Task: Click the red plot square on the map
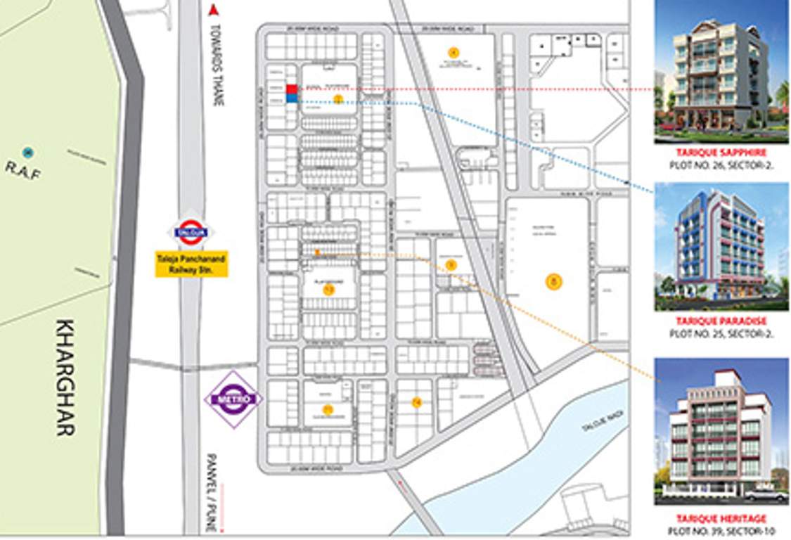[x=291, y=89]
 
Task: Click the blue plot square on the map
[x=291, y=99]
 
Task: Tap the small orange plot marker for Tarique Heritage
[x=317, y=252]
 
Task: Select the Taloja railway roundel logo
[x=190, y=233]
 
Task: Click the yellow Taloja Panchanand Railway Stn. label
[x=191, y=264]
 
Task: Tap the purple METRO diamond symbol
[x=233, y=399]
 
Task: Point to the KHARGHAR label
[x=65, y=378]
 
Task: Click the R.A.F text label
[x=23, y=169]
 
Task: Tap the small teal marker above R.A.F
[x=27, y=152]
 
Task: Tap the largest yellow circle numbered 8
[x=554, y=282]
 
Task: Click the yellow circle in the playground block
[x=328, y=289]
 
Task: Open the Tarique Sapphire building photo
[x=721, y=72]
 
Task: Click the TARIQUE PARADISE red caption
[x=721, y=321]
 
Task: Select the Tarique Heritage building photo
[x=721, y=430]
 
